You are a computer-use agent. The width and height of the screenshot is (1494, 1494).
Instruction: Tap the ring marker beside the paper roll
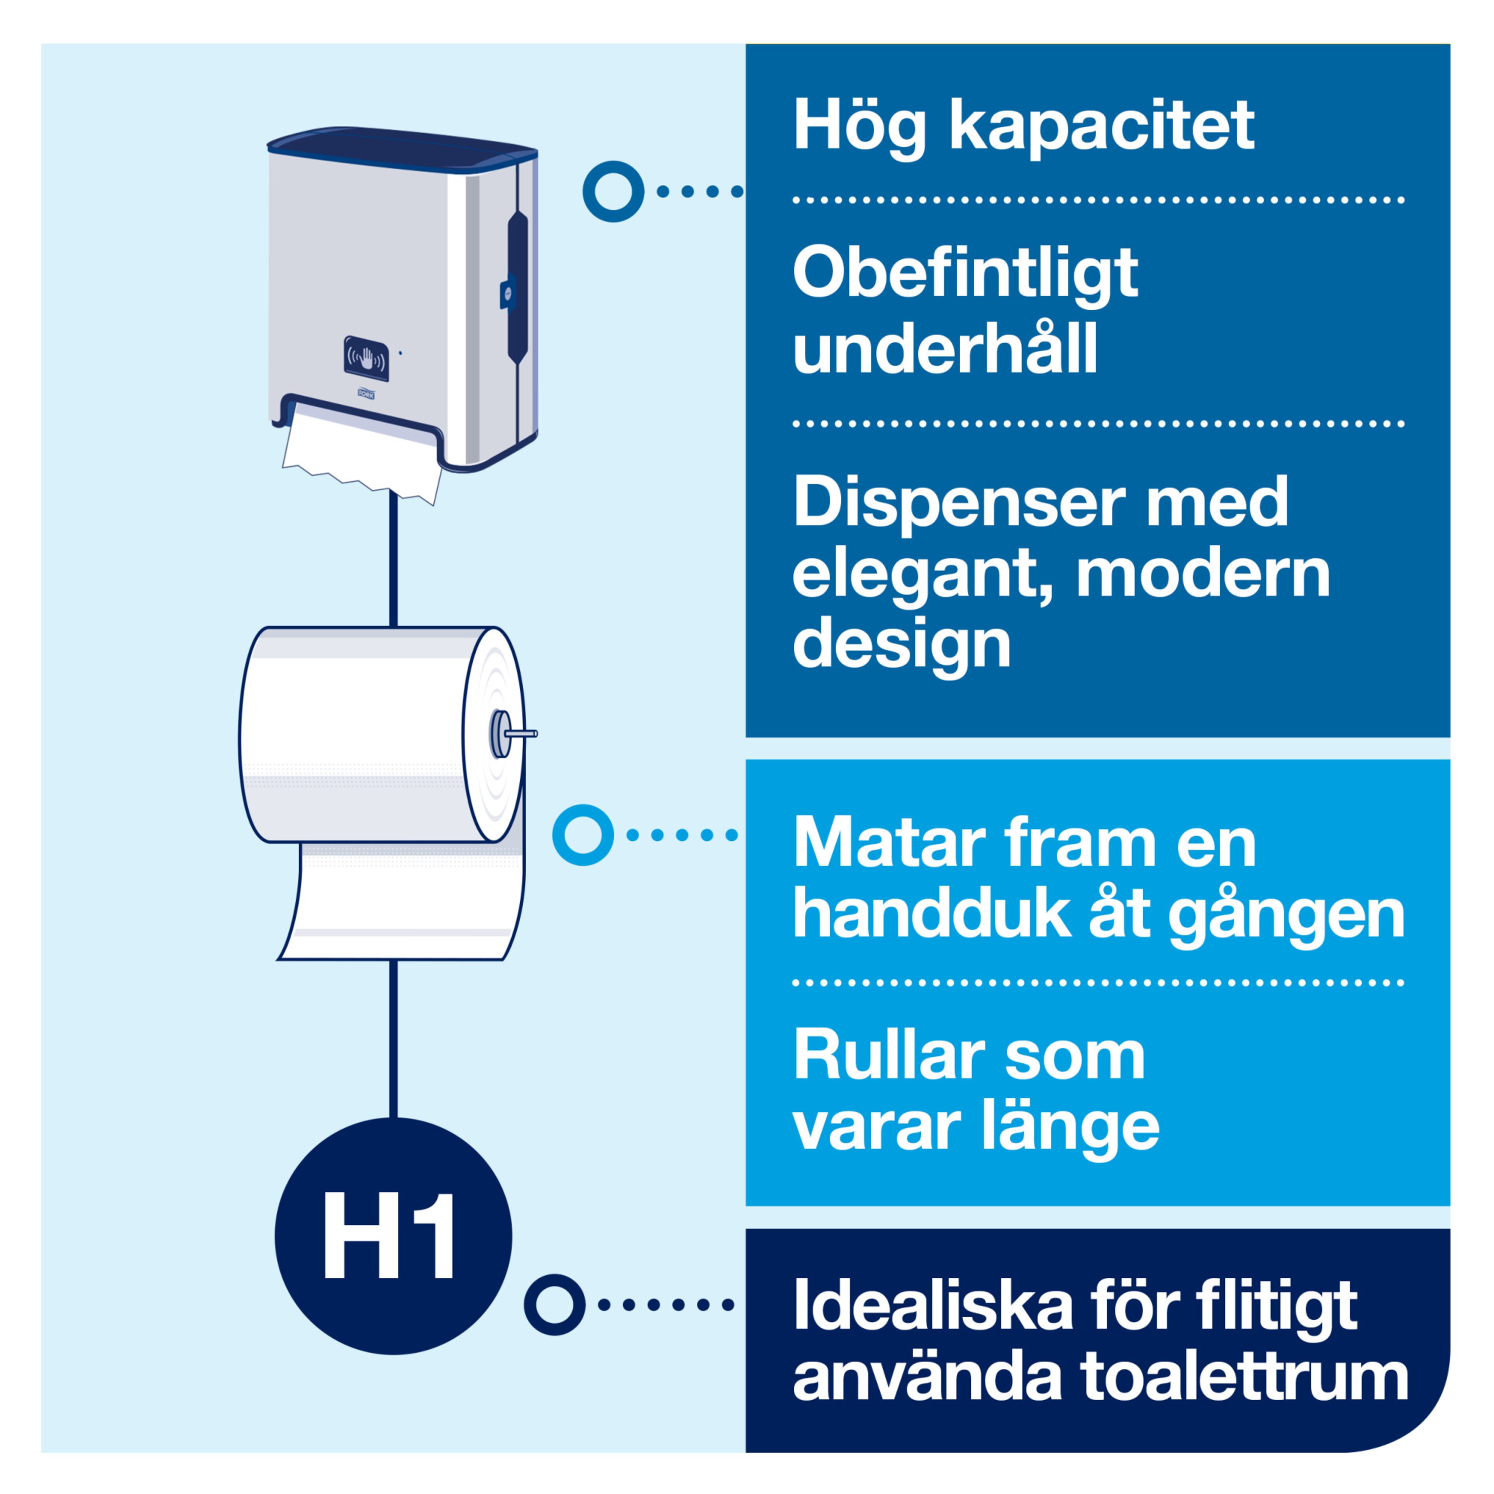click(583, 835)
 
